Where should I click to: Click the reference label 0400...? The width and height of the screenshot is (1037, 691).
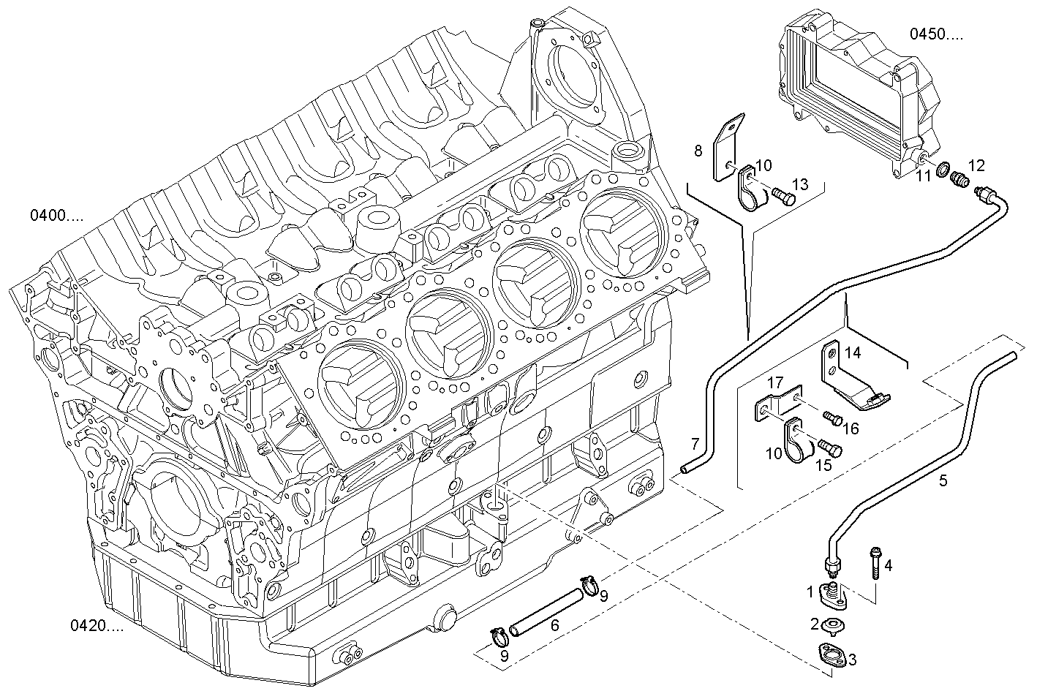tap(56, 216)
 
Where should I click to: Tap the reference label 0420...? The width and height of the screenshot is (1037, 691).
tap(97, 626)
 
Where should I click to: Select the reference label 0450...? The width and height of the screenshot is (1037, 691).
tap(936, 34)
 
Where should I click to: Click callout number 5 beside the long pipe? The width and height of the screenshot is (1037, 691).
tap(943, 480)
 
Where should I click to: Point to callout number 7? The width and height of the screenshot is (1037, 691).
tap(695, 443)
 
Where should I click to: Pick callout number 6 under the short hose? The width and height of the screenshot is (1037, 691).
tap(555, 625)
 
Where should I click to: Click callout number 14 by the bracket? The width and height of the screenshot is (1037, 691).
tap(853, 352)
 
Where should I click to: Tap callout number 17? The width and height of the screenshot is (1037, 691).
tap(776, 382)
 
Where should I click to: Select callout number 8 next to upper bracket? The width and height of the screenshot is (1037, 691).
tap(698, 151)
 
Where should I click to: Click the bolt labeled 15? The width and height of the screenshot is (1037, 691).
tap(828, 445)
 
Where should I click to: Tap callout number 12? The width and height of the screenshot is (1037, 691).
tap(976, 165)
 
